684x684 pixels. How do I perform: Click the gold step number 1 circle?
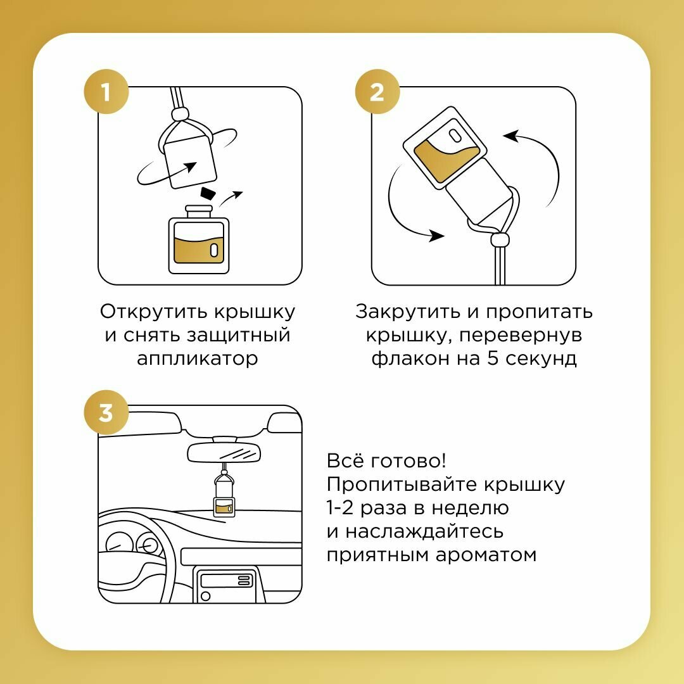106,93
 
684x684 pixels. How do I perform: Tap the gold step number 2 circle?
377,93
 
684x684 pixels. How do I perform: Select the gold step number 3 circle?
106,413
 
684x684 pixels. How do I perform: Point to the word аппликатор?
198,358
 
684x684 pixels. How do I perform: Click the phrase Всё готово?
391,460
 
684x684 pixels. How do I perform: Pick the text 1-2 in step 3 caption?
344,508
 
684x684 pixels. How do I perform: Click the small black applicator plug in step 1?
207,193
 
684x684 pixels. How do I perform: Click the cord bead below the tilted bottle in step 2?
500,240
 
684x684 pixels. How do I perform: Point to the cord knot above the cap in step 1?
180,115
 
